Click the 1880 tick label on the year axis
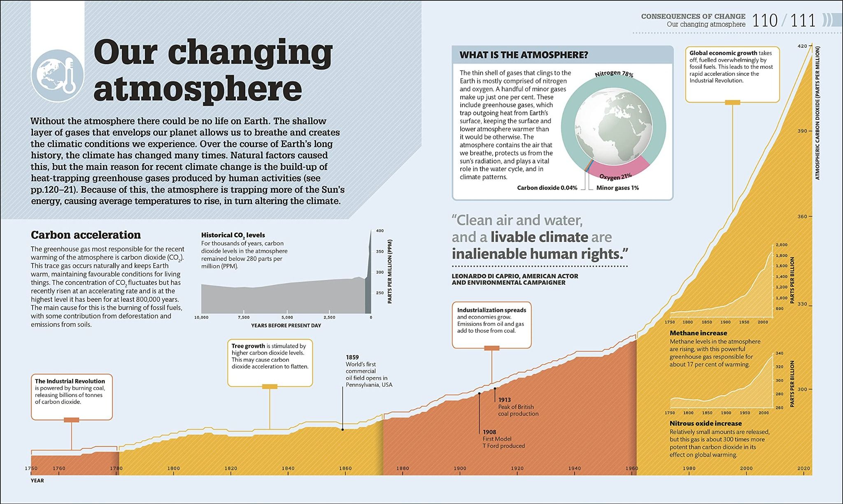pyautogui.click(x=403, y=468)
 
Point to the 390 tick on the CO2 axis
pyautogui.click(x=802, y=131)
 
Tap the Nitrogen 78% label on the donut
pyautogui.click(x=614, y=74)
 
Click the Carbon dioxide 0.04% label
pyautogui.click(x=547, y=188)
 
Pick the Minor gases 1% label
pyautogui.click(x=617, y=188)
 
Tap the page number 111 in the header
pyautogui.click(x=803, y=21)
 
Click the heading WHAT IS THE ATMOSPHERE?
pyautogui.click(x=524, y=55)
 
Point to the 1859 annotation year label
pyautogui.click(x=352, y=357)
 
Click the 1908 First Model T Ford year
pyautogui.click(x=489, y=432)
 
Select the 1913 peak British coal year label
pyautogui.click(x=505, y=400)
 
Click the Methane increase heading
pyautogui.click(x=698, y=333)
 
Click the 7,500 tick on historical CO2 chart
pyautogui.click(x=243, y=317)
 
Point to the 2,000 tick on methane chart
pyautogui.click(x=781, y=245)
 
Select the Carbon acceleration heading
pyautogui.click(x=86, y=235)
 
